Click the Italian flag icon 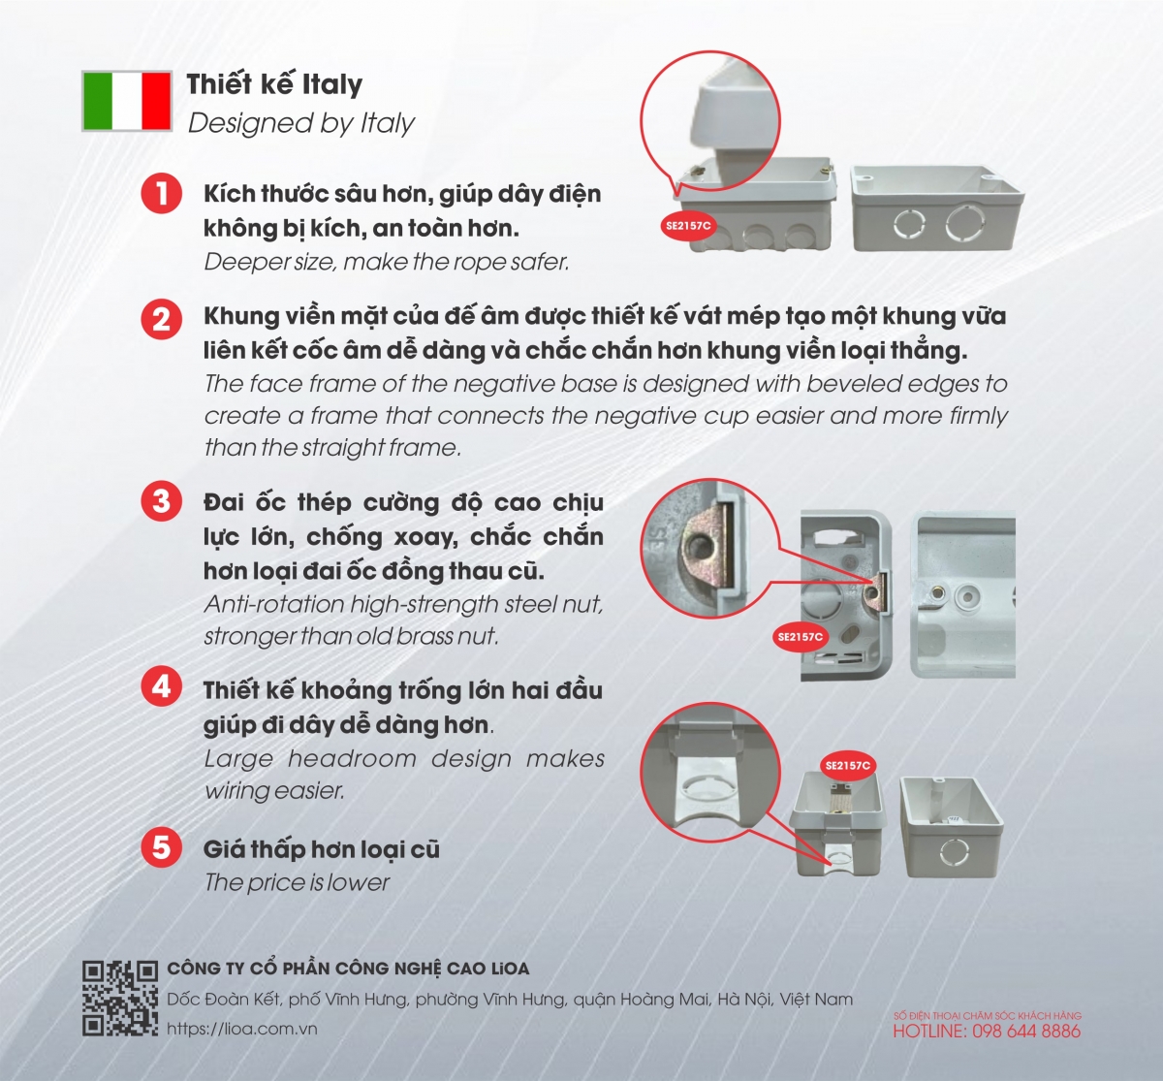(127, 100)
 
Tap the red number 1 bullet (162, 193)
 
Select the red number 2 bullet (162, 319)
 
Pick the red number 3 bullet (162, 501)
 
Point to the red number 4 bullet (162, 686)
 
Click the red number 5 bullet (162, 847)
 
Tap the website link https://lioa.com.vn (242, 1029)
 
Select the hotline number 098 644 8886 (1026, 1032)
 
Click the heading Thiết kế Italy (274, 83)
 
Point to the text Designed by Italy (301, 123)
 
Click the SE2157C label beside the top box (689, 226)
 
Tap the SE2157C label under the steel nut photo (800, 637)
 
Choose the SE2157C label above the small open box (847, 765)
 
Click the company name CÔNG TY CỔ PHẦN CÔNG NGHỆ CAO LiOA (349, 970)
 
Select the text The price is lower (297, 882)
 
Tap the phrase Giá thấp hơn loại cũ (322, 849)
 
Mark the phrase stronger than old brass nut (352, 636)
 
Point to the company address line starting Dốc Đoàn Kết (510, 999)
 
